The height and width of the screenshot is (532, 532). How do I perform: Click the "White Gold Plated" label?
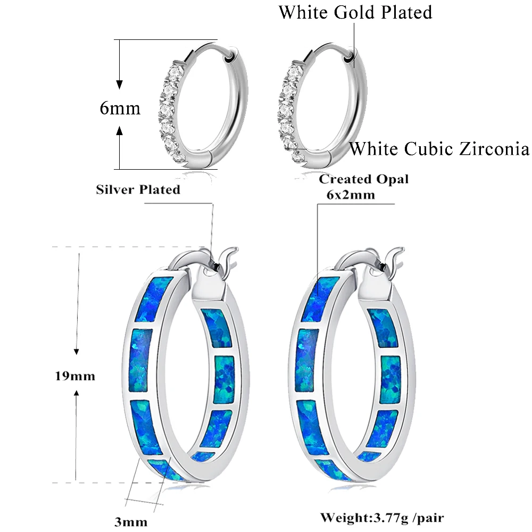[x=355, y=12]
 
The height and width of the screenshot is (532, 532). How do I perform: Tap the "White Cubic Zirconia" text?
[x=439, y=148]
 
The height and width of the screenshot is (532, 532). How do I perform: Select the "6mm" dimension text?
[x=120, y=108]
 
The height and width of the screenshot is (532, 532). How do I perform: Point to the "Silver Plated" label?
[x=138, y=189]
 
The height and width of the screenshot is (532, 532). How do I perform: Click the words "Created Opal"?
[x=364, y=179]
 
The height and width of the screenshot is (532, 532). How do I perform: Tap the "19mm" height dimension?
[x=76, y=376]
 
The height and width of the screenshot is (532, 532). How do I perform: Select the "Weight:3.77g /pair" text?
[x=382, y=517]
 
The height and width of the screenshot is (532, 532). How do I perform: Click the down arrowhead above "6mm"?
[x=120, y=84]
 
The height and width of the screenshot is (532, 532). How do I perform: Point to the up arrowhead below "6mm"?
[x=120, y=129]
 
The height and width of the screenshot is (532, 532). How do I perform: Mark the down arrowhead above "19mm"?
[x=77, y=351]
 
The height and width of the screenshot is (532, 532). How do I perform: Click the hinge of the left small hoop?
[x=230, y=55]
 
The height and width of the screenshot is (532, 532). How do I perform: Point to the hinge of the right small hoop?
[x=350, y=55]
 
